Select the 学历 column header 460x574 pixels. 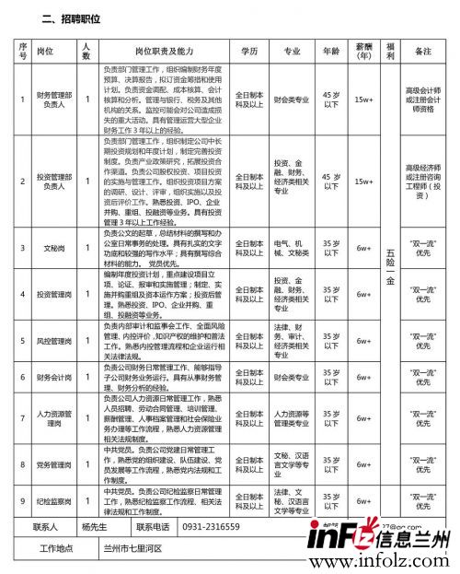[248, 53]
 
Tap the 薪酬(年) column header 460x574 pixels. [363, 53]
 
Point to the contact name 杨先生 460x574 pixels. [95, 527]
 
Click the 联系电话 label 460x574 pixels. [152, 527]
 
